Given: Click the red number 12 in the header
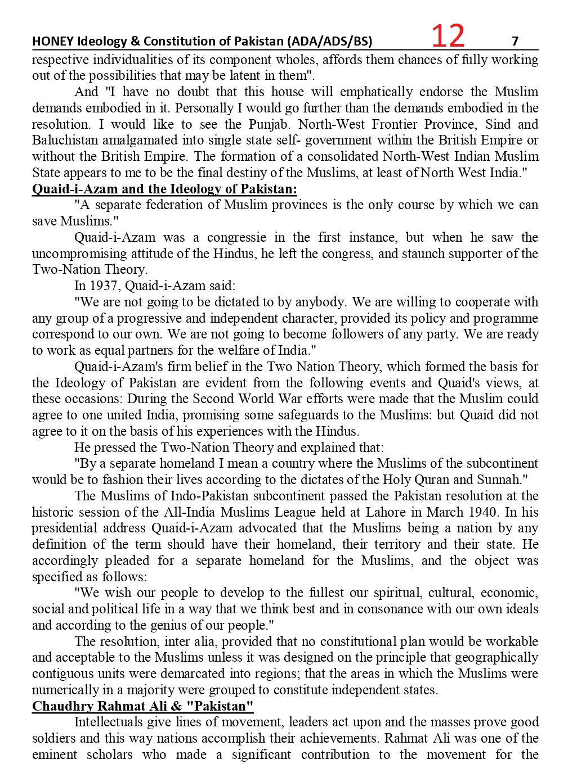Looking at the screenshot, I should point(448,36).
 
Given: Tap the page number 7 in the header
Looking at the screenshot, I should point(515,40).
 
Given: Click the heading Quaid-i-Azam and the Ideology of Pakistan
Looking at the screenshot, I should point(164,189).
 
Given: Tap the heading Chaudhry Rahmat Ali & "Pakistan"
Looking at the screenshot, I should point(142,706).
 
